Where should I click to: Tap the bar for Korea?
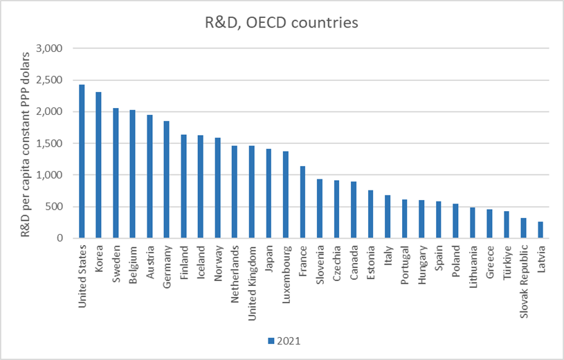[x=99, y=165]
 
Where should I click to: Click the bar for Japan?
[x=269, y=194]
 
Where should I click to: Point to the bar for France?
[x=302, y=202]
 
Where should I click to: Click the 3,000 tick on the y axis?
[x=48, y=48]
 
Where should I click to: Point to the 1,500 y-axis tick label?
[x=48, y=143]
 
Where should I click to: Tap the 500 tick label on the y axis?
[x=53, y=206]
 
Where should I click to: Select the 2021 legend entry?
[x=284, y=340]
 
